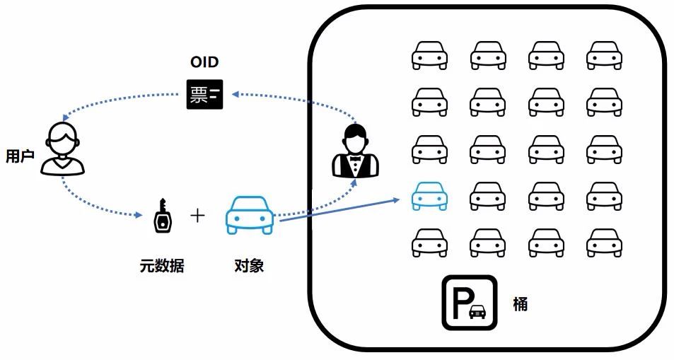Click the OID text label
[204, 62]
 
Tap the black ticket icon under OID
[204, 95]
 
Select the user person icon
[62, 149]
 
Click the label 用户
[20, 156]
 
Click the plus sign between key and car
[198, 215]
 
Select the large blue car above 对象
[249, 215]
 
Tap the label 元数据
[162, 266]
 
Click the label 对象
[249, 266]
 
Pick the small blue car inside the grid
[429, 196]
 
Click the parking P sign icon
[469, 302]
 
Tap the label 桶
[520, 305]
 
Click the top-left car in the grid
[429, 55]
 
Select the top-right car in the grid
[604, 55]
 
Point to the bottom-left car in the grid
[429, 243]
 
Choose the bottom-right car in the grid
[604, 243]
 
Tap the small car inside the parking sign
[478, 310]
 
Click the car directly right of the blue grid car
[487, 196]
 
